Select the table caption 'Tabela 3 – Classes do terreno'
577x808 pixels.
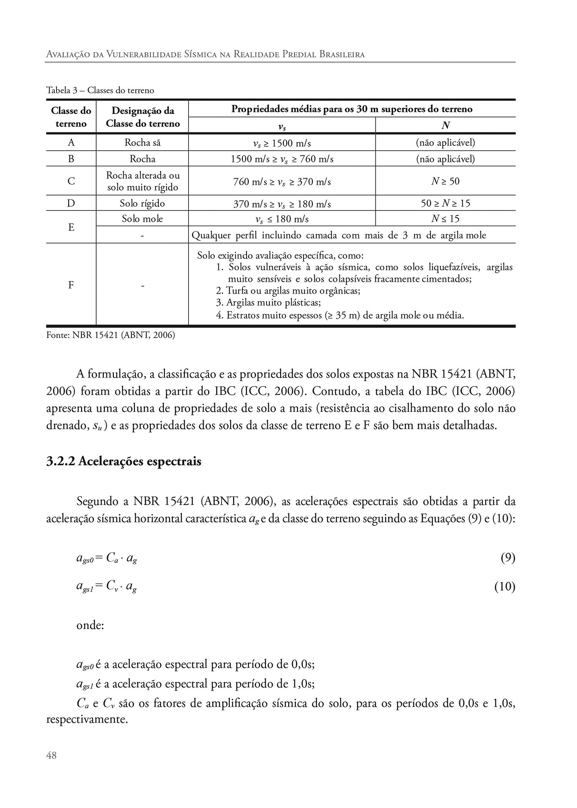tap(100, 90)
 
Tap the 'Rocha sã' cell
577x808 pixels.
tap(142, 143)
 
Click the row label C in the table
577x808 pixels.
tap(71, 181)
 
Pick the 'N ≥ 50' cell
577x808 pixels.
tap(445, 181)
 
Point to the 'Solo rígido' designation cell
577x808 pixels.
tap(142, 203)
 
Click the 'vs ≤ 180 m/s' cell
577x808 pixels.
tap(282, 219)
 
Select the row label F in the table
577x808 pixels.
tap(71, 285)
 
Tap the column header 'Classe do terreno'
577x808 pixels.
tap(71, 117)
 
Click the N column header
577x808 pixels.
tap(445, 125)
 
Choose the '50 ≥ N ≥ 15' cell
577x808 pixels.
tap(445, 203)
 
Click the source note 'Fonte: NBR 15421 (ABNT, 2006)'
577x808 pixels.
tap(110, 335)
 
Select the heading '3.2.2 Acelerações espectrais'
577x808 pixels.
tap(124, 461)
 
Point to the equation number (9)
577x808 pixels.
tap(508, 558)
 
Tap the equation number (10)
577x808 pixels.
tap(505, 587)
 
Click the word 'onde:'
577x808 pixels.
tap(90, 625)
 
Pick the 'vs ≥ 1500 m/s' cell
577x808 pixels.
tap(282, 144)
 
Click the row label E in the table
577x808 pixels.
tap(71, 227)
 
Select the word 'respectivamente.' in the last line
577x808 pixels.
tap(87, 719)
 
